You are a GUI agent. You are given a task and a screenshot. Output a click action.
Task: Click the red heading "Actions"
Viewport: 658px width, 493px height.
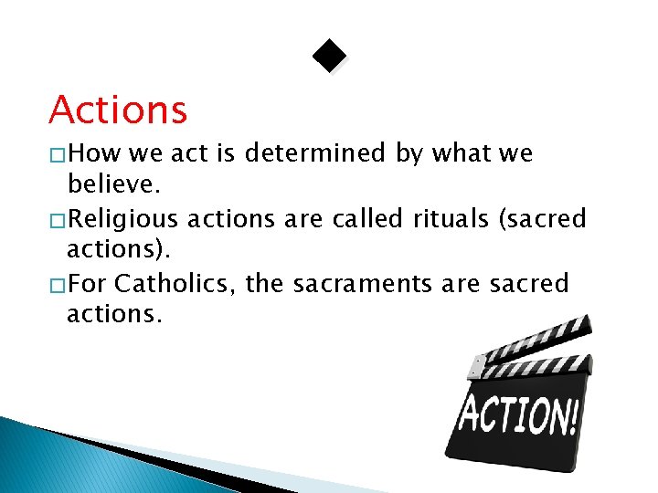(x=118, y=110)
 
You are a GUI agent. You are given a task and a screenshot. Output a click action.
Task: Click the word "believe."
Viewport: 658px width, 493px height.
(x=114, y=186)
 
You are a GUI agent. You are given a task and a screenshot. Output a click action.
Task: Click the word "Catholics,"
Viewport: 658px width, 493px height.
(x=176, y=284)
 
